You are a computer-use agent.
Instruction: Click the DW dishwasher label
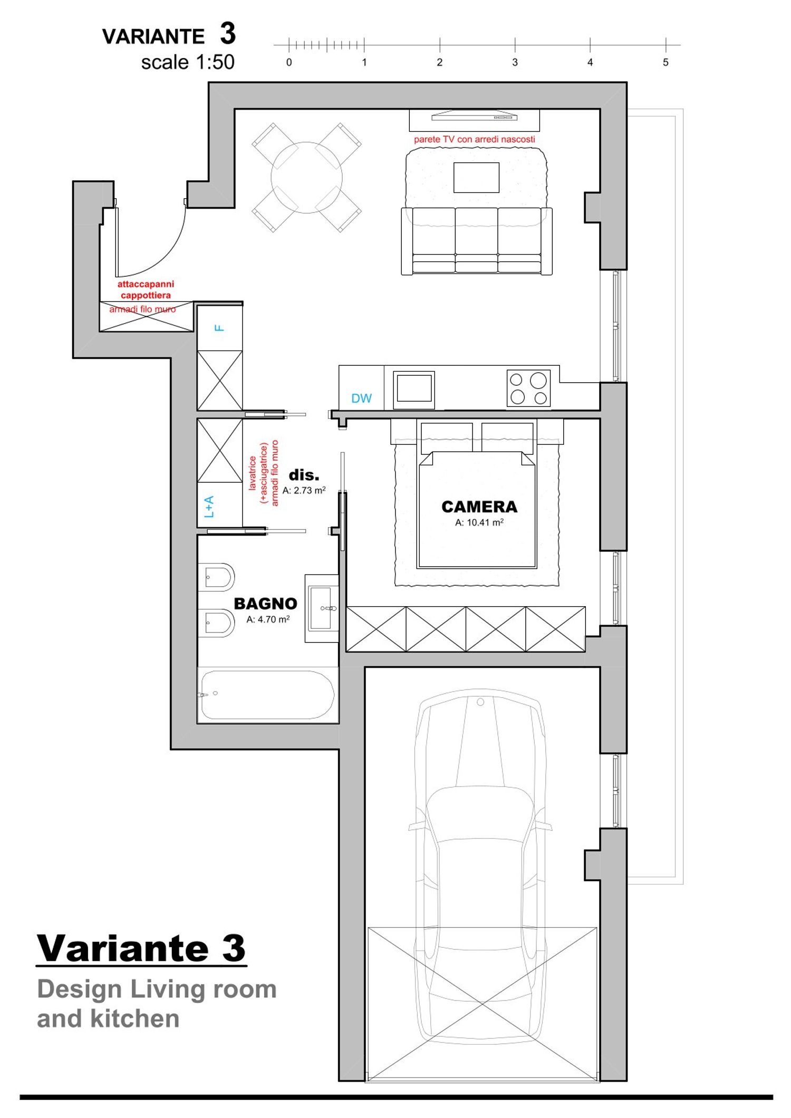[x=361, y=398]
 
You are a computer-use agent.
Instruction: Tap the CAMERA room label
[x=479, y=507]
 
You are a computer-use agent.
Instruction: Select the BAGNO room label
[x=265, y=604]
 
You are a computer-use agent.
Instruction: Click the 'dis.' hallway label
[x=304, y=475]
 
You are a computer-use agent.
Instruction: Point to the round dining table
[x=306, y=178]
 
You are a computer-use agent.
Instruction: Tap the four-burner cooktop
[x=528, y=388]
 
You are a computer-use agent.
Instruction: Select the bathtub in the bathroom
[x=267, y=694]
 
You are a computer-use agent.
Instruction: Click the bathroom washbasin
[x=322, y=608]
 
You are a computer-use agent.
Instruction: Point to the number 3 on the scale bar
[x=515, y=62]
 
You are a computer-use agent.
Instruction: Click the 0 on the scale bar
[x=289, y=62]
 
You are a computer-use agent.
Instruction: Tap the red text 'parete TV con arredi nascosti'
[x=474, y=139]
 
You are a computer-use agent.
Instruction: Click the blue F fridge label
[x=219, y=328]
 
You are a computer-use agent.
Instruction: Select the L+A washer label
[x=209, y=507]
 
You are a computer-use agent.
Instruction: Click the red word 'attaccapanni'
[x=146, y=284]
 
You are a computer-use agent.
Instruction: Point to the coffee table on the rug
[x=476, y=178]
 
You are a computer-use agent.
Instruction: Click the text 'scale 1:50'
[x=188, y=62]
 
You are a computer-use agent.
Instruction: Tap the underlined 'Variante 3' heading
[x=141, y=948]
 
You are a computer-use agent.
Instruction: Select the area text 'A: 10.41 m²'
[x=479, y=522]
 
